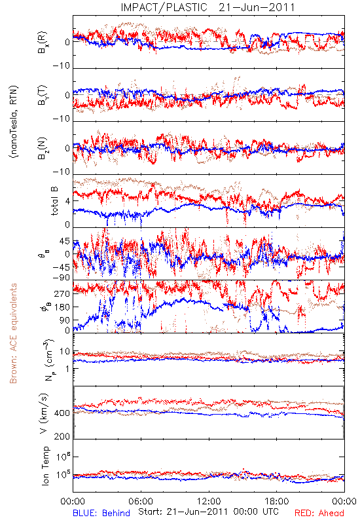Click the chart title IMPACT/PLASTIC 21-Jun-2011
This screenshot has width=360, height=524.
(x=207, y=7)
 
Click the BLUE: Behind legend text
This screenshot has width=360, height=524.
(x=101, y=513)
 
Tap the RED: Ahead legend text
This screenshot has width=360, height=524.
(x=319, y=513)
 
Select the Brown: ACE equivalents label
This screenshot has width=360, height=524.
(x=13, y=333)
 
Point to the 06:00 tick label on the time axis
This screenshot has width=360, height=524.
(x=141, y=501)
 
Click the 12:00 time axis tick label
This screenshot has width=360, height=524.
(x=209, y=501)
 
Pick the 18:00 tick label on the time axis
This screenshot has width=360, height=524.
(x=277, y=501)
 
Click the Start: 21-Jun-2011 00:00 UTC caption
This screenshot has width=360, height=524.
(x=208, y=512)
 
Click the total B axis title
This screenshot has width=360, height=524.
(x=54, y=201)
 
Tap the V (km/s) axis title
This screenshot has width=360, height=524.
(x=44, y=414)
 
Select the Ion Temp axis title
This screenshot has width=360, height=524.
(x=45, y=466)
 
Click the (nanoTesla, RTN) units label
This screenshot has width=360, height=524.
(x=14, y=122)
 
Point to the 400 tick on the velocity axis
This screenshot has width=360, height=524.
(x=62, y=413)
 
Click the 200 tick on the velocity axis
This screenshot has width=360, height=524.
(x=62, y=436)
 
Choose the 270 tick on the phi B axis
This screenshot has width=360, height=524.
(x=62, y=293)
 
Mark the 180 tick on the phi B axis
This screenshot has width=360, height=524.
(x=62, y=307)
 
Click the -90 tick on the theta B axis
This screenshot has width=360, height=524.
(x=61, y=277)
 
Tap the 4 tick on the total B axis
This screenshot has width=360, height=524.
(x=67, y=201)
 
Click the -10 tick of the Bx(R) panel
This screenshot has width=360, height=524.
(x=61, y=65)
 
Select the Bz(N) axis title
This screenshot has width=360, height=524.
(x=43, y=148)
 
